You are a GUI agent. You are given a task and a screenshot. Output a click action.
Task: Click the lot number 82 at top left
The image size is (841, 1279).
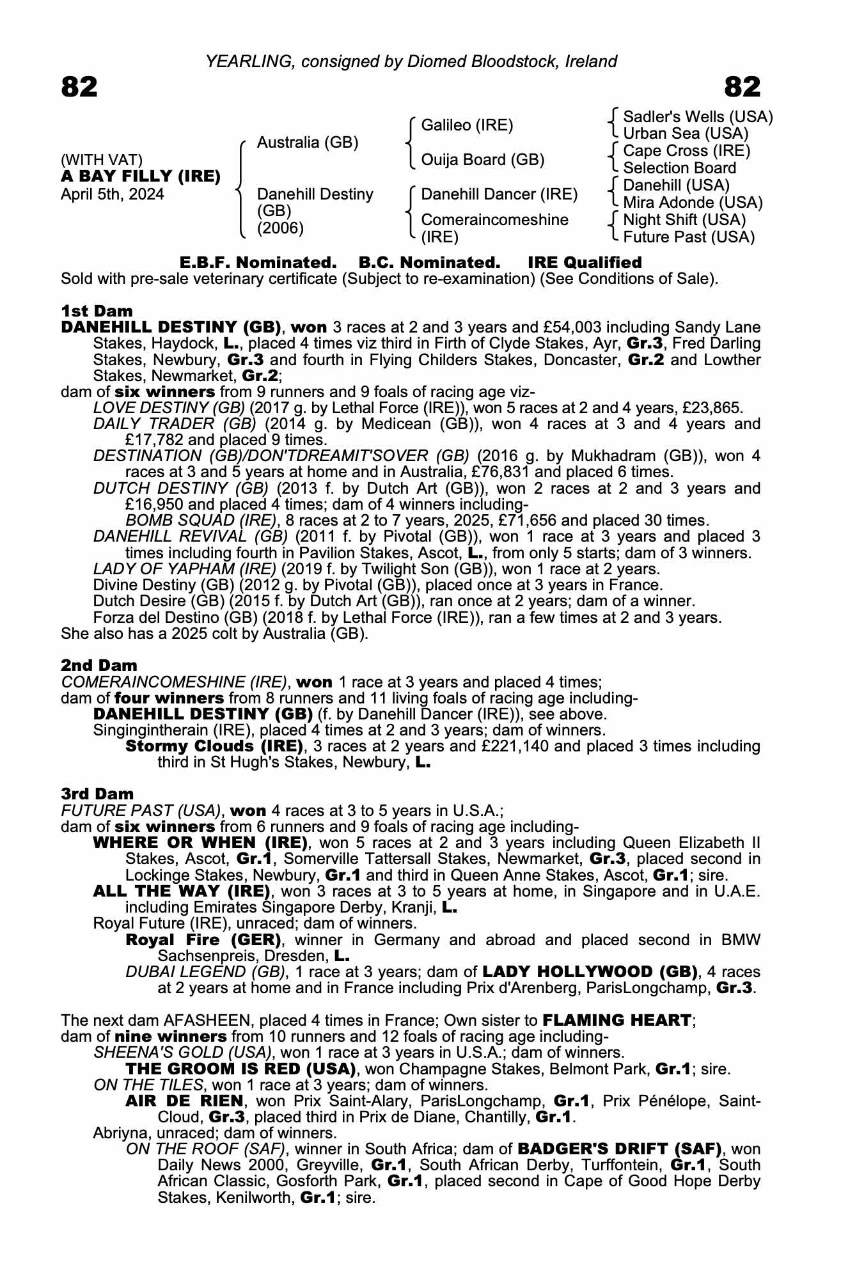[79, 87]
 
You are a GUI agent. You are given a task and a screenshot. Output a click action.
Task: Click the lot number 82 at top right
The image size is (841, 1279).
[743, 87]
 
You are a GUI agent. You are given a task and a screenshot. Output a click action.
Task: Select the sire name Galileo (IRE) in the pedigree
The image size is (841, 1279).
[467, 125]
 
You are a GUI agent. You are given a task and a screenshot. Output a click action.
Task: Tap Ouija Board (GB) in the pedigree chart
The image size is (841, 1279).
[483, 160]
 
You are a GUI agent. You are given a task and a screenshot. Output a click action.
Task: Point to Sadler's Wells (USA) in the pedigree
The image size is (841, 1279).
[698, 117]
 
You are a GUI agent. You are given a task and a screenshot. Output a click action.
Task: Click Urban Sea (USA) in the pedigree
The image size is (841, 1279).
[686, 134]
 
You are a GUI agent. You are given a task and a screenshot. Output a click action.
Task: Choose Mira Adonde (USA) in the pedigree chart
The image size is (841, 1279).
[693, 203]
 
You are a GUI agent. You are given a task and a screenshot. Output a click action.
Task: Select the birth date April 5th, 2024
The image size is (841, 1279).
[113, 194]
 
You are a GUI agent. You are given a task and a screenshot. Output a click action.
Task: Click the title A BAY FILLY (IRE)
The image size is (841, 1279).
[141, 177]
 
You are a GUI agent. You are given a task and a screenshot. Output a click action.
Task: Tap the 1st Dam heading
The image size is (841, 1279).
[97, 311]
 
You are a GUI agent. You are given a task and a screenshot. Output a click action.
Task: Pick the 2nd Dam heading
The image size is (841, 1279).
[99, 666]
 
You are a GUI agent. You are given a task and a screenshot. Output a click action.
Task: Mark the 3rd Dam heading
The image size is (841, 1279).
[97, 794]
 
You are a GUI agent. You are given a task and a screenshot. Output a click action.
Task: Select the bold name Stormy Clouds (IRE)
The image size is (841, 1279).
[214, 746]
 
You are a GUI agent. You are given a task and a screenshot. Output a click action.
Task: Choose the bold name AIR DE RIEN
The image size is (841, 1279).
[184, 1101]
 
